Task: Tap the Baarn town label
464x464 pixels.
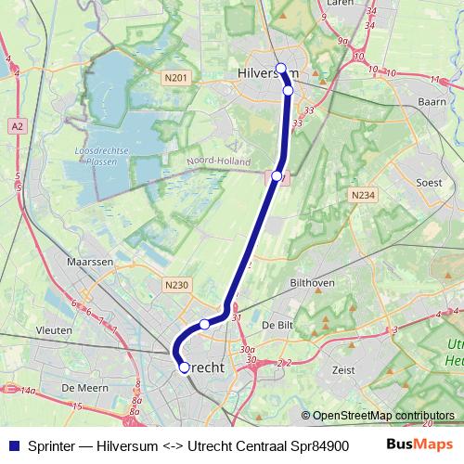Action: [433, 99]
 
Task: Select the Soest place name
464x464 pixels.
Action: [430, 183]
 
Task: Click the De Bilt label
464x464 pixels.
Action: [277, 326]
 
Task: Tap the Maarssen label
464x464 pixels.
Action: [89, 263]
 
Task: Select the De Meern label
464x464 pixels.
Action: [80, 387]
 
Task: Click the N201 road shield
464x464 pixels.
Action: [178, 79]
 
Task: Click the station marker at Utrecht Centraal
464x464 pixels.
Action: [184, 367]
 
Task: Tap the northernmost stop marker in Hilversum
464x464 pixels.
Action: [280, 68]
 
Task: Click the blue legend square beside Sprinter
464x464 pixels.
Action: [12, 445]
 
